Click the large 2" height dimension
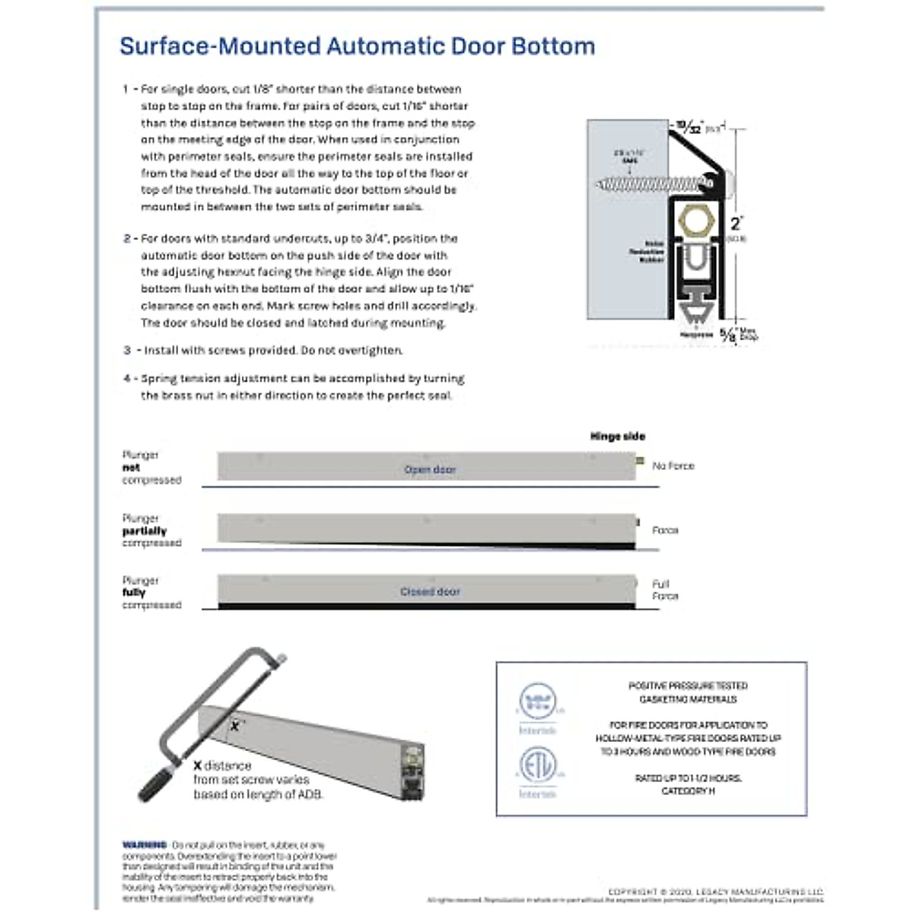pyautogui.click(x=736, y=224)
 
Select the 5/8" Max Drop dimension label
pyautogui.click(x=738, y=333)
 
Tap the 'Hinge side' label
pyautogui.click(x=617, y=437)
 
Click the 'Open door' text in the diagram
pyautogui.click(x=430, y=469)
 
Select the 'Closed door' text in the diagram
pyautogui.click(x=430, y=591)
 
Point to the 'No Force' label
pyautogui.click(x=673, y=466)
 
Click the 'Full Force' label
pyautogui.click(x=664, y=590)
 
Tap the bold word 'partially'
pyautogui.click(x=145, y=531)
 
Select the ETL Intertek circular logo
pyautogui.click(x=537, y=765)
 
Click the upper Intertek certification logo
pyautogui.click(x=537, y=701)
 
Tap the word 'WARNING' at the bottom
pyautogui.click(x=145, y=845)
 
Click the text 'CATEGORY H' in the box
pyautogui.click(x=687, y=791)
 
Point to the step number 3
pyautogui.click(x=127, y=351)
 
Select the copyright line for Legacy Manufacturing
pyautogui.click(x=715, y=892)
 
